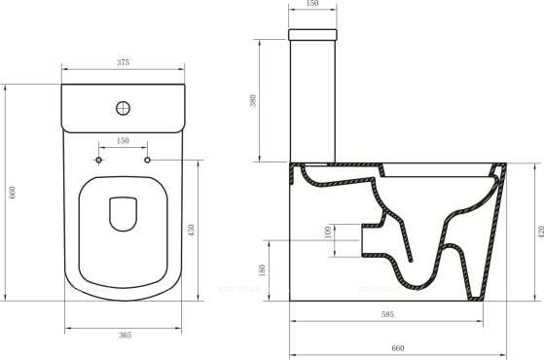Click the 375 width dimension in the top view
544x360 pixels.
click(124, 61)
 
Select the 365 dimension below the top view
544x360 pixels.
click(124, 334)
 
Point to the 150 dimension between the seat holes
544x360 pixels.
click(124, 141)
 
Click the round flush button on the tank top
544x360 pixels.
click(124, 108)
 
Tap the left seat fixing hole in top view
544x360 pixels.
click(100, 159)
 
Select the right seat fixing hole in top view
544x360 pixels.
click(147, 159)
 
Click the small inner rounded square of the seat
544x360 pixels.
click(124, 214)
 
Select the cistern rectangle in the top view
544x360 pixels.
click(124, 109)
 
